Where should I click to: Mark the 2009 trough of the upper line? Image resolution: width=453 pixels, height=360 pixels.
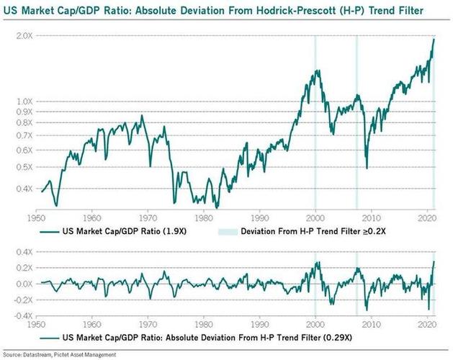(x=366, y=168)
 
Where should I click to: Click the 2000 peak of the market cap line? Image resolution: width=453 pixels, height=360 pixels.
(x=317, y=71)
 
